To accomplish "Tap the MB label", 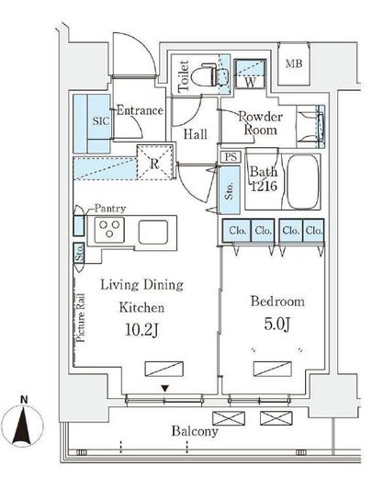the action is coord(294,63).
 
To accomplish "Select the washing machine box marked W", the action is coord(250,74).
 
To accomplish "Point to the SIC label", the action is coord(101,121).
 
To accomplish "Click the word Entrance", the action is coord(140,110).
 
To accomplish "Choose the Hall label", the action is coord(195,134).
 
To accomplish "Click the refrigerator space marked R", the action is coord(154,163).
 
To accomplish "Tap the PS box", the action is coord(231,156).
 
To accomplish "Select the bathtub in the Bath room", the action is coord(303,181).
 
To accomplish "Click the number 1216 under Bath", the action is coord(264,186).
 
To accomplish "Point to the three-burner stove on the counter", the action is coord(109,230).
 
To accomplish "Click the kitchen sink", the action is coord(153,232).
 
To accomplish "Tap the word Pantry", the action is coord(110,209).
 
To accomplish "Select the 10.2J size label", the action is coord(141,330).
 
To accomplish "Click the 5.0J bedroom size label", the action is coord(276,324).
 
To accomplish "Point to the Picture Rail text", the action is coord(81,318).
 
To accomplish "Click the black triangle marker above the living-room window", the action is coord(165,389).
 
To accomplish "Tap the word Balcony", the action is coord(195,431).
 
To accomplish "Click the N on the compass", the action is coord(24,399).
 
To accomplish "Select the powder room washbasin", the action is coord(310,127).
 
